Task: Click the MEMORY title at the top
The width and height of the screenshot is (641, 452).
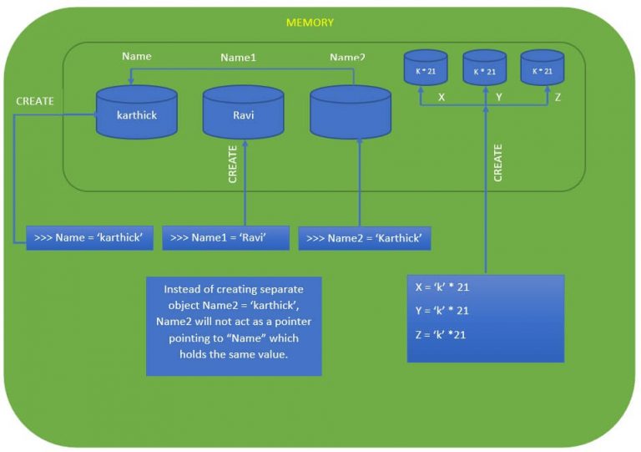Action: tap(310, 23)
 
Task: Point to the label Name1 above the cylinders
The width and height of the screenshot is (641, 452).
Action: tap(238, 58)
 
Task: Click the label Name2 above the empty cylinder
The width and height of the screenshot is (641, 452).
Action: tap(347, 58)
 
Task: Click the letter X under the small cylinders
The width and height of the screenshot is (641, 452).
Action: tap(442, 97)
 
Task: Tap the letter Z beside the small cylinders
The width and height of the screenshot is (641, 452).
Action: tap(558, 97)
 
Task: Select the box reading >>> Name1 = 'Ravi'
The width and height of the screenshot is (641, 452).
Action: tap(225, 238)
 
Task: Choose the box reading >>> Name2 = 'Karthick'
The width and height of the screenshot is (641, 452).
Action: tap(364, 238)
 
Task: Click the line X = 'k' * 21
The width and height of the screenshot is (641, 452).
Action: tap(442, 287)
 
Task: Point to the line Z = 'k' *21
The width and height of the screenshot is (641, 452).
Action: tap(441, 335)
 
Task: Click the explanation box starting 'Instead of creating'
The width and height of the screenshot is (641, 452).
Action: tap(234, 327)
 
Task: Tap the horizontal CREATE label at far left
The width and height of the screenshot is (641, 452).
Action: tap(35, 101)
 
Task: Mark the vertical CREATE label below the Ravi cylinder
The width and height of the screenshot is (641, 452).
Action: tap(233, 164)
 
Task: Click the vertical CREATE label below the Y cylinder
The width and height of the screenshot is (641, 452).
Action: tap(498, 163)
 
